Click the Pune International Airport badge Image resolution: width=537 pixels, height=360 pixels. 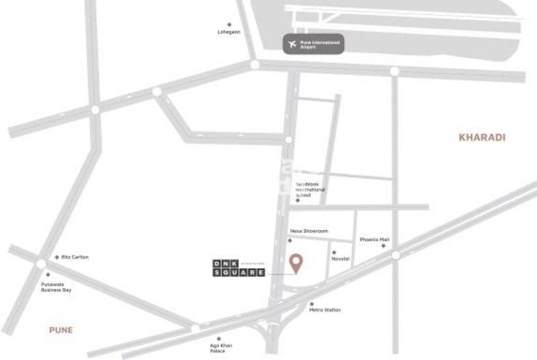(313, 44)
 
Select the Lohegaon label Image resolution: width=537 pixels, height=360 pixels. (229, 32)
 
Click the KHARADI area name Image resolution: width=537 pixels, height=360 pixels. (482, 137)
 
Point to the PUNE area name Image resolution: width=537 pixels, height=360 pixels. (60, 330)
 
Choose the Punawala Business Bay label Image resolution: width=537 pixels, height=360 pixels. (56, 287)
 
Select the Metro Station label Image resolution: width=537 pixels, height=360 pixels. (324, 310)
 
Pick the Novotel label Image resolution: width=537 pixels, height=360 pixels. (340, 259)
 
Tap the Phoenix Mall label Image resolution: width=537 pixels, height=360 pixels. (374, 240)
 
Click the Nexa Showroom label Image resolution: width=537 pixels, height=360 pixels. (309, 231)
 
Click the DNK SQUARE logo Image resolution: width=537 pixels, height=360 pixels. (239, 268)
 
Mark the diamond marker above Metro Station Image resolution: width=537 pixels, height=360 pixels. (312, 304)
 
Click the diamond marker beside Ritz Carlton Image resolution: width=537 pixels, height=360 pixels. (57, 257)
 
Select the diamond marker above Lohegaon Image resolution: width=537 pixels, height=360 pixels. (229, 24)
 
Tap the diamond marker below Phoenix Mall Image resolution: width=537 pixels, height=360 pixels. (383, 246)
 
